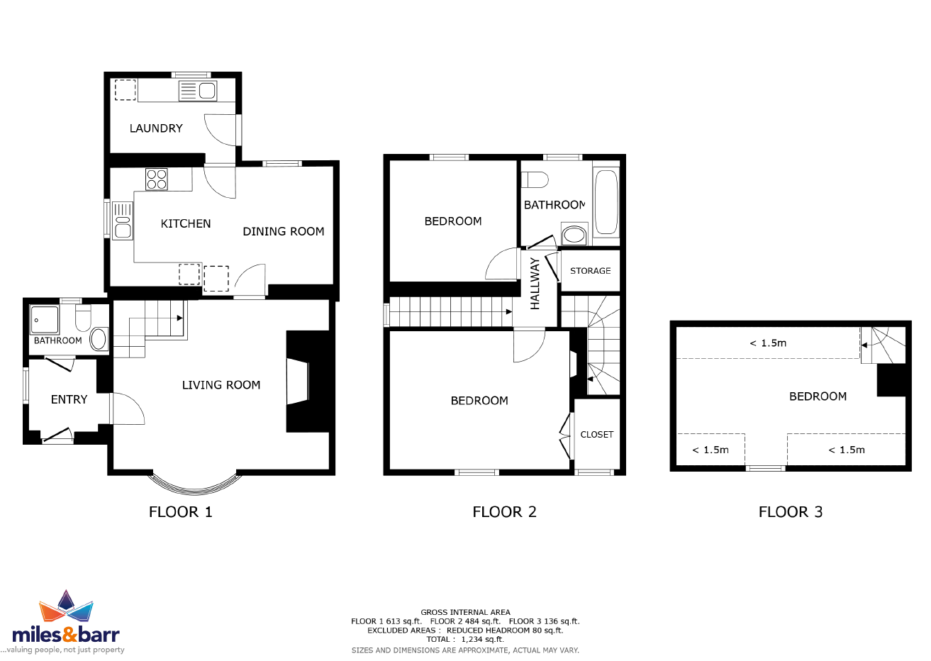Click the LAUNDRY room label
[x=156, y=128]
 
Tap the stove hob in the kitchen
[x=157, y=179]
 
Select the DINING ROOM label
[x=284, y=231]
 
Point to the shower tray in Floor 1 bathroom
[x=45, y=320]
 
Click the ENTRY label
[x=69, y=399]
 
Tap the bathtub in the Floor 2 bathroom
[x=606, y=202]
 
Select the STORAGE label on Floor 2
[x=590, y=271]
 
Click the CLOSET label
[x=597, y=435]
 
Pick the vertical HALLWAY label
[x=535, y=284]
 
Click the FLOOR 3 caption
[x=791, y=512]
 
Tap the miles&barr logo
[x=66, y=622]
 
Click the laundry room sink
[x=198, y=91]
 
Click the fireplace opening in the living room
[x=298, y=382]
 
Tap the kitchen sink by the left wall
[x=123, y=221]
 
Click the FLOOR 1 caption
[x=180, y=512]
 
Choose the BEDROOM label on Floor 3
[x=818, y=396]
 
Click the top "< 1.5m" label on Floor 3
[x=768, y=343]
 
